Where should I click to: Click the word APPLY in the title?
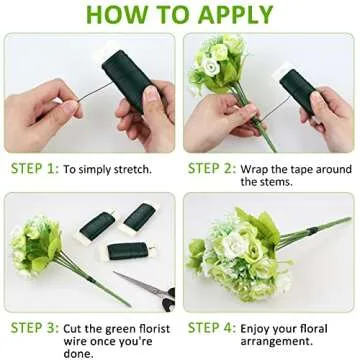pyautogui.click(x=235, y=14)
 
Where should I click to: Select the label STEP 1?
pyautogui.click(x=35, y=169)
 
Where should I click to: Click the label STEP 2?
pyautogui.click(x=212, y=169)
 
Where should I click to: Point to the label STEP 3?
pyautogui.click(x=35, y=328)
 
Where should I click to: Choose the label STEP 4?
pyautogui.click(x=212, y=328)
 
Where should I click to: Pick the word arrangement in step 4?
pyautogui.click(x=277, y=342)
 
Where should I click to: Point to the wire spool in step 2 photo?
pyautogui.click(x=298, y=89)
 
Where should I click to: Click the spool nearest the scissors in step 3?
pyautogui.click(x=128, y=252)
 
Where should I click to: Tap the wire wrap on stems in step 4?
pyautogui.click(x=312, y=231)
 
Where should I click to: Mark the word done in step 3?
pyautogui.click(x=78, y=354)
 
